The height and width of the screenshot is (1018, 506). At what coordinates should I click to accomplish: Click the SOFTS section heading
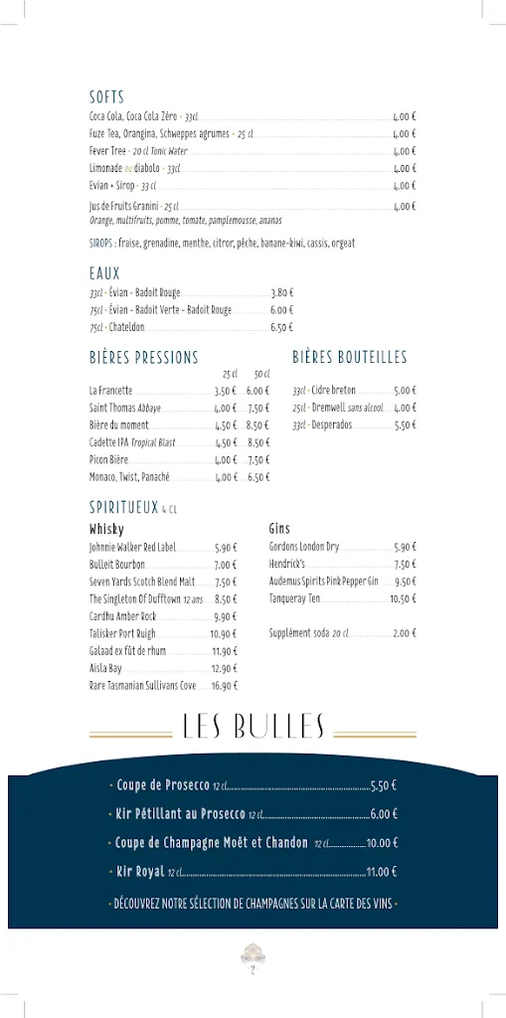click(x=106, y=97)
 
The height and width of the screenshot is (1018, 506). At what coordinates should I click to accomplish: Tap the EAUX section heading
click(x=104, y=273)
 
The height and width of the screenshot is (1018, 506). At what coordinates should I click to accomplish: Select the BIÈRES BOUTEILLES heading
click(x=349, y=357)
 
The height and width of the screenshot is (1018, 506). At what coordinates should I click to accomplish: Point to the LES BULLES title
click(x=253, y=728)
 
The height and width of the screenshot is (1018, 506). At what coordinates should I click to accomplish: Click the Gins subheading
click(x=279, y=529)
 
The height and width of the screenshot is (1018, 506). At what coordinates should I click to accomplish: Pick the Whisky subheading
click(x=106, y=530)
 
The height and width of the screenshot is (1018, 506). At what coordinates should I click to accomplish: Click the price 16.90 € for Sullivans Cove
click(x=225, y=686)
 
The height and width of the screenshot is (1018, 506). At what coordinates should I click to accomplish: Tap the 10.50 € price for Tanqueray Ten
click(x=403, y=599)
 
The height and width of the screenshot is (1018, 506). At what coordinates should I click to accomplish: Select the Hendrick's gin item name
click(x=286, y=565)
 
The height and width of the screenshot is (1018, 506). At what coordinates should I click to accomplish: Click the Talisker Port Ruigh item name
click(x=122, y=633)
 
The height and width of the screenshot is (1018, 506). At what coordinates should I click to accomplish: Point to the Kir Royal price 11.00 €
click(x=382, y=872)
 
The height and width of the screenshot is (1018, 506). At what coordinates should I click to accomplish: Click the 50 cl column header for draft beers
click(x=261, y=374)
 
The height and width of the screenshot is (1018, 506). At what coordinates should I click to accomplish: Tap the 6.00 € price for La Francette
click(x=258, y=391)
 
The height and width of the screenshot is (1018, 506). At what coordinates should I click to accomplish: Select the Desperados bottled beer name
click(x=332, y=425)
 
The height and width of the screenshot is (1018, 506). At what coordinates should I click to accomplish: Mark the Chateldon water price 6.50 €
click(x=281, y=327)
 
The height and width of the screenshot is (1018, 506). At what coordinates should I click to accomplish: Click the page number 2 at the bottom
click(x=253, y=970)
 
